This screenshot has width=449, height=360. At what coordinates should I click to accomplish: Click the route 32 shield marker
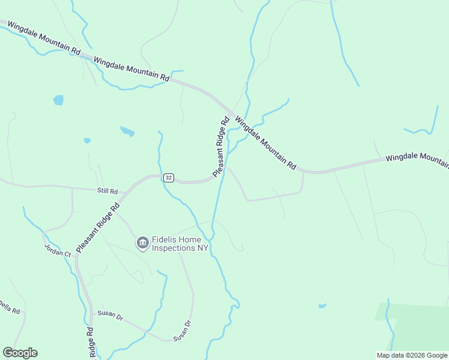point(169,177)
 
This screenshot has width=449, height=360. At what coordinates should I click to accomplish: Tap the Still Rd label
point(107,191)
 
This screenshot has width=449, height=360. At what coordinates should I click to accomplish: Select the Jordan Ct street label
point(58,250)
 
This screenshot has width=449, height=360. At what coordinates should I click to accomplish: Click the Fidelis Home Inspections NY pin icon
point(143,242)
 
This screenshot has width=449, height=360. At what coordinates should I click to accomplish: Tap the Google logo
point(20,353)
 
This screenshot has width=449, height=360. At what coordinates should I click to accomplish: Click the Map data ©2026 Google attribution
point(412,355)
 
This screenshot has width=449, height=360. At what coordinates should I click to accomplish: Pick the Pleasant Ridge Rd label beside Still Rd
point(98,227)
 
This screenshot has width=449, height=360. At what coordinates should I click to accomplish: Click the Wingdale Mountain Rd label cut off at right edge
point(417,157)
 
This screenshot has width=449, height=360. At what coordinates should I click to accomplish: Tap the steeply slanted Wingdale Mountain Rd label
point(265,142)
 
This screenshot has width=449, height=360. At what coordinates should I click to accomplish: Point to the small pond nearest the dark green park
point(322,305)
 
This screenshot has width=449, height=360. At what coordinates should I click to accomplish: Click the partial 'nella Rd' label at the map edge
point(10,310)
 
